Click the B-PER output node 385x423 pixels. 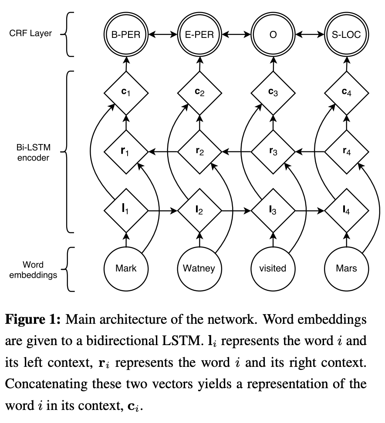coord(126,34)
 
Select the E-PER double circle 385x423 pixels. coord(199,34)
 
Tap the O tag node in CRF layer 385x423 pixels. coord(273,34)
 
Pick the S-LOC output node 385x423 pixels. coord(346,34)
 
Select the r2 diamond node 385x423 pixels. coord(199,152)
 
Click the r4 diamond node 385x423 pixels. coord(346,152)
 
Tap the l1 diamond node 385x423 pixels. coord(126,211)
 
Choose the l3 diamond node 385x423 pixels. coord(273,211)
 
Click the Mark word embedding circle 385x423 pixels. coord(126,269)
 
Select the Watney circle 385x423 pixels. coord(199,269)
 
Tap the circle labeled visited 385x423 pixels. coord(273,269)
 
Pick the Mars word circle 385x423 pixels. coord(346,269)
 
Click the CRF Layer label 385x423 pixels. coord(30,34)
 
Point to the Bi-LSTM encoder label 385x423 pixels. coord(33,152)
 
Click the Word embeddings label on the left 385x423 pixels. coord(33,269)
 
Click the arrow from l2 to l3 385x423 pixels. coord(236,211)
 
